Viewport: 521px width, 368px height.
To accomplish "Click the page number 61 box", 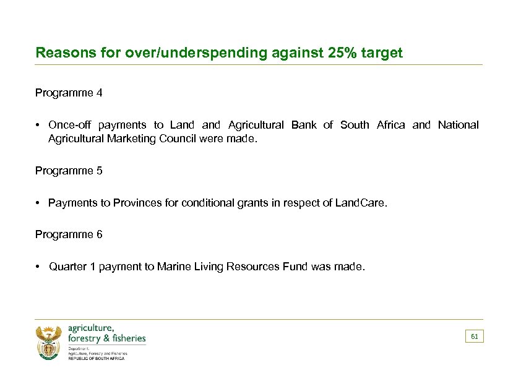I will coord(475,336).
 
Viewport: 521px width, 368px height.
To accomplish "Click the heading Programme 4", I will coord(69,93).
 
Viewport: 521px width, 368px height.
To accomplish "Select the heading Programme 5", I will coord(69,171).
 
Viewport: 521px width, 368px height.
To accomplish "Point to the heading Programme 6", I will coord(69,234).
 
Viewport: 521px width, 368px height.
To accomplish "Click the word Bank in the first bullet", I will coord(303,125).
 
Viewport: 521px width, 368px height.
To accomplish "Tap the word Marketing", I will coord(129,139).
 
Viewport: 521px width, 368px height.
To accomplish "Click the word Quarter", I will coord(67,267).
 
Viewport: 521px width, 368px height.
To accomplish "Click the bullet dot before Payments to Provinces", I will coord(38,203).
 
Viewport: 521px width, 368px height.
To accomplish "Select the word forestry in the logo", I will coord(86,338).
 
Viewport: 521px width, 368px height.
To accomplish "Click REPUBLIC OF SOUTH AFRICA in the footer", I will coord(96,359).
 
